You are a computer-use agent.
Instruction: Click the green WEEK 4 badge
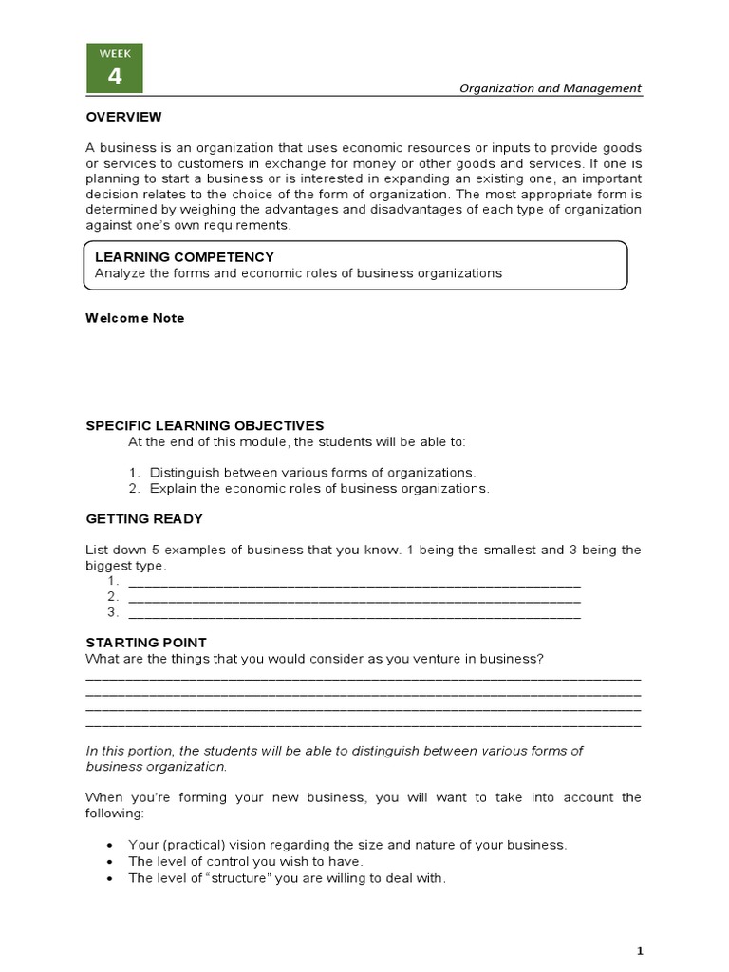click(115, 68)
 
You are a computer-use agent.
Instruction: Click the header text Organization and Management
click(550, 88)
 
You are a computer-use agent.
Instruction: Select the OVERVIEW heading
click(123, 117)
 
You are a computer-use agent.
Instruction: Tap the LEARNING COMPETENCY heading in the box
click(184, 257)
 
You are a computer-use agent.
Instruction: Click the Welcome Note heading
click(135, 318)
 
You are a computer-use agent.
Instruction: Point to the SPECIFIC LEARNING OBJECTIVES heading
click(205, 425)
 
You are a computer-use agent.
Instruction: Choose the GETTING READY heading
click(144, 519)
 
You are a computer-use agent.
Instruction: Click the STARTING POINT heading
click(146, 643)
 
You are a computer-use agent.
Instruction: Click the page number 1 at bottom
click(640, 950)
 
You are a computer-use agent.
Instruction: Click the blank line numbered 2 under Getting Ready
click(353, 597)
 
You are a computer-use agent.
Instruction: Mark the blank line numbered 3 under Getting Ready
click(353, 613)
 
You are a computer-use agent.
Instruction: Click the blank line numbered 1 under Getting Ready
click(353, 581)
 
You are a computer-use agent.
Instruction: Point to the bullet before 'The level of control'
click(112, 861)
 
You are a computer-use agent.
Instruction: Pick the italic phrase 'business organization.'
click(157, 766)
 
